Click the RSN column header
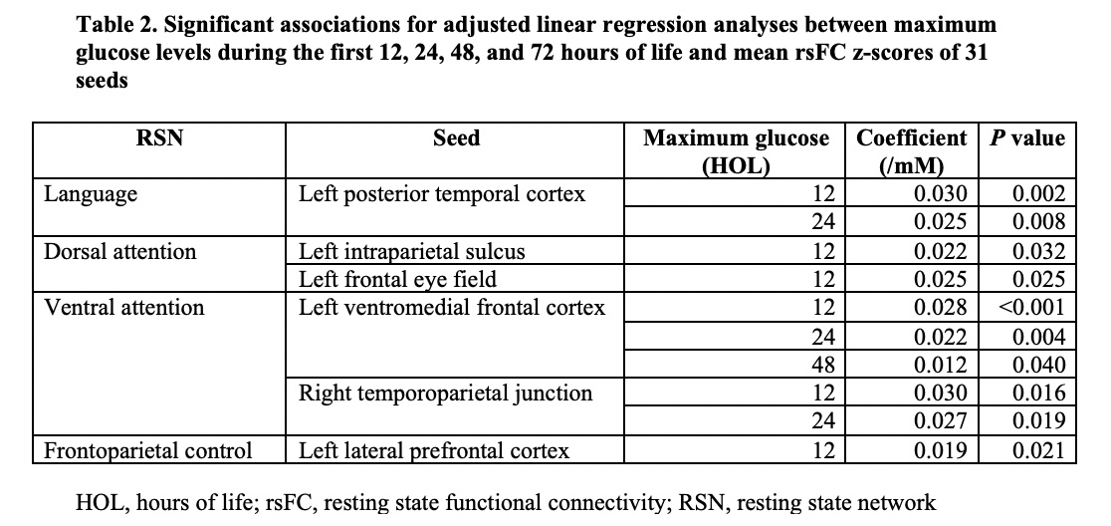[158, 137]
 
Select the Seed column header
[456, 137]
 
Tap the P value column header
[1026, 137]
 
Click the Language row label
[91, 195]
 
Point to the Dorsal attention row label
[119, 251]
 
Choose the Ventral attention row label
[123, 308]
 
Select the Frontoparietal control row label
[147, 450]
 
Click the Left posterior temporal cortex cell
[441, 194]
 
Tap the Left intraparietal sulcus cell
[412, 252]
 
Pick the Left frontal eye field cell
[397, 279]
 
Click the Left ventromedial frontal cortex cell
[451, 308]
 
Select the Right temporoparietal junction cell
[445, 394]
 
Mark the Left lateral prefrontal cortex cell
[434, 450]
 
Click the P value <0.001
[1031, 308]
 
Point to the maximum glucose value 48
[824, 365]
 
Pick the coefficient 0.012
[940, 365]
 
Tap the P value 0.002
[1038, 194]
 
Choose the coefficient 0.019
[940, 450]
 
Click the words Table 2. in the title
[116, 26]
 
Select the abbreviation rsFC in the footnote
[290, 503]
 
